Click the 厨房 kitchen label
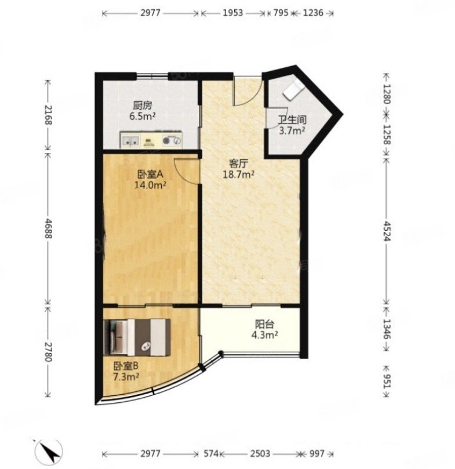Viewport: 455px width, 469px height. (143, 106)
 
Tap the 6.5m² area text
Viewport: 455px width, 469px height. (143, 116)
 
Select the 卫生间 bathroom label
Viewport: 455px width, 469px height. (292, 120)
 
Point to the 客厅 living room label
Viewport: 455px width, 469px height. (238, 164)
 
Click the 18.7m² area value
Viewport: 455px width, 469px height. (238, 174)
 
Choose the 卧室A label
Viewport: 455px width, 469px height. (150, 174)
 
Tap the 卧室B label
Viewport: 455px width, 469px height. (126, 366)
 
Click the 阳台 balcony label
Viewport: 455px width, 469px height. (265, 324)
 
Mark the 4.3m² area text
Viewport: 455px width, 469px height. (265, 335)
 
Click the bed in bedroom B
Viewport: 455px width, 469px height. (137, 337)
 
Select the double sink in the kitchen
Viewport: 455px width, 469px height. (130, 140)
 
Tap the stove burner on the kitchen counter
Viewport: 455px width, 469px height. (172, 140)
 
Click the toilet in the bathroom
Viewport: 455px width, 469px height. (293, 89)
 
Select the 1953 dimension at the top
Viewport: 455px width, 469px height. (233, 13)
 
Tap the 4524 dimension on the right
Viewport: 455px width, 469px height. (387, 231)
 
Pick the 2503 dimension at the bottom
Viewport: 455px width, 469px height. (260, 454)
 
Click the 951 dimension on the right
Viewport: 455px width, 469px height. (387, 381)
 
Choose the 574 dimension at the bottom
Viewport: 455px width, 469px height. (212, 454)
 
